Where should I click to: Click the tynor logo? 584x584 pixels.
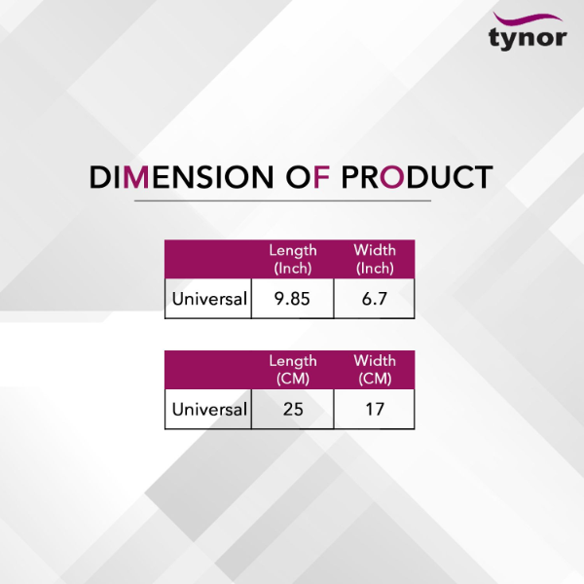point(528,31)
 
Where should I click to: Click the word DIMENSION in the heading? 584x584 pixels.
point(181,177)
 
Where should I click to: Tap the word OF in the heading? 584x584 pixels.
point(308,177)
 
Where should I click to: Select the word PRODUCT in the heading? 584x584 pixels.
point(418,177)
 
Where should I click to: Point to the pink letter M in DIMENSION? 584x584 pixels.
point(136,177)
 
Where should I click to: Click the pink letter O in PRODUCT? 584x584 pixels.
point(392,177)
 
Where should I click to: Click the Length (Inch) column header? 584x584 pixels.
point(293,259)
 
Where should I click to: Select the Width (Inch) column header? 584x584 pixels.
point(375,259)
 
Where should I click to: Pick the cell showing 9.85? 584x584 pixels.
point(292,299)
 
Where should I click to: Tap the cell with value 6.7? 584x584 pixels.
point(375,299)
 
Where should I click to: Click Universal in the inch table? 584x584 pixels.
point(209,299)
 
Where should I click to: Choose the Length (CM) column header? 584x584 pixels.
point(293,370)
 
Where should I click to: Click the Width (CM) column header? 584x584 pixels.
point(375,370)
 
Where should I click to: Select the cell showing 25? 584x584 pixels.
point(292,410)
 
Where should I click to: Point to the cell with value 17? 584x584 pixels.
point(375,410)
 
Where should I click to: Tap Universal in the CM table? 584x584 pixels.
point(209,410)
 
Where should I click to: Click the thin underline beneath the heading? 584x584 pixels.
point(282,201)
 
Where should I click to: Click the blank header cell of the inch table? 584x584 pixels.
point(208,259)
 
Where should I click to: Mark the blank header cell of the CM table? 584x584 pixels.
point(208,370)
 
